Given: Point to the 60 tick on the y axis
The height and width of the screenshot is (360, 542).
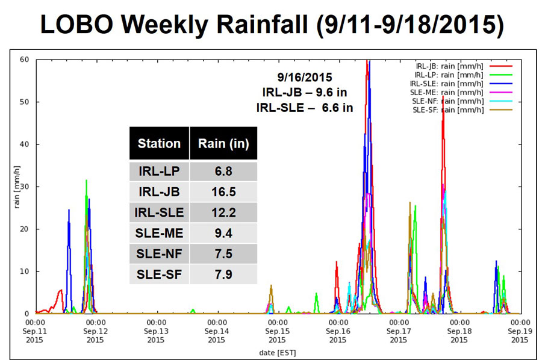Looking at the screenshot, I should [25, 60].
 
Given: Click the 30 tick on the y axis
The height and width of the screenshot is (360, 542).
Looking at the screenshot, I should [25, 187].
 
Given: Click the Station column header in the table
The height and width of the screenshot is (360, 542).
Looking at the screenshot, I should [159, 143].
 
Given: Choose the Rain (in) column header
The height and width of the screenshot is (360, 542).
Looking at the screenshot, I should [223, 143].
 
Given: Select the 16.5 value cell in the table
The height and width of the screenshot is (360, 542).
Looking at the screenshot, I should [223, 193].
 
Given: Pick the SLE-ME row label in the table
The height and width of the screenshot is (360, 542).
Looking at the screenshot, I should [159, 234].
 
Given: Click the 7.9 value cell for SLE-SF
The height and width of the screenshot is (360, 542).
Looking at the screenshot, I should [223, 275].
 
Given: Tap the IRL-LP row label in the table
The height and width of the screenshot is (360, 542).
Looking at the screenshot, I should [159, 172].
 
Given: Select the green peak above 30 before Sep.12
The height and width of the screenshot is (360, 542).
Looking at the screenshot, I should [87, 181].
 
